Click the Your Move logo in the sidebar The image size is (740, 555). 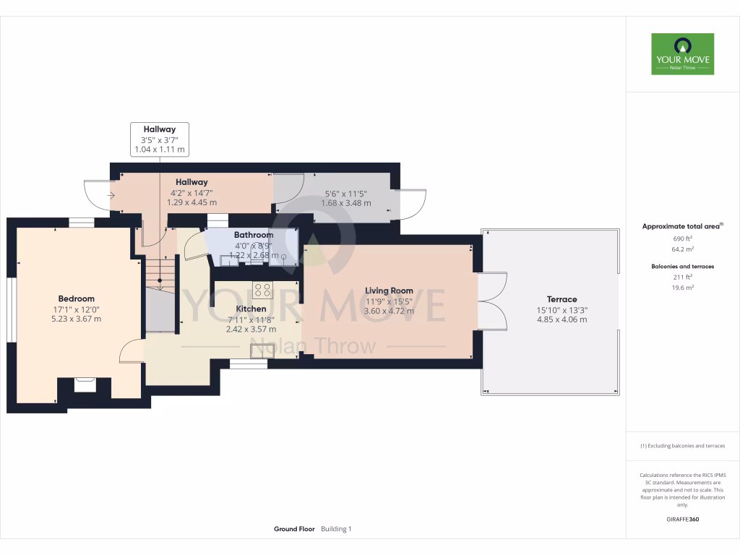pos(682,54)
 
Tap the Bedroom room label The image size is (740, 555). pos(76,298)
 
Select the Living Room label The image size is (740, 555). pos(389,291)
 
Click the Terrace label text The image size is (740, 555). pos(562,299)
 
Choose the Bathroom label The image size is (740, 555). pos(254,235)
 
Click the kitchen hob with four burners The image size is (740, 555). pos(262,291)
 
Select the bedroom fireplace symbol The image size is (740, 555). pos(85,384)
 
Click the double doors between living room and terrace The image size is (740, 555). pos(491,300)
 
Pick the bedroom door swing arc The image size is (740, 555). pos(131,351)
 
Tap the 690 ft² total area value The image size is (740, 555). pos(682,238)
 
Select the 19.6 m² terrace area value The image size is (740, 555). pos(682,287)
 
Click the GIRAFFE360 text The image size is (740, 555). pos(682,520)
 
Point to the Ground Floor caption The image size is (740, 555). pos(294,529)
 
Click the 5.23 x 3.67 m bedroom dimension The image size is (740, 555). pos(76,319)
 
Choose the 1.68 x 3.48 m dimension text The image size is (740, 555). pos(345,203)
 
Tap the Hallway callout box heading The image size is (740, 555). pos(159,129)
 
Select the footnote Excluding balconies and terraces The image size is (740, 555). pos(682,446)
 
